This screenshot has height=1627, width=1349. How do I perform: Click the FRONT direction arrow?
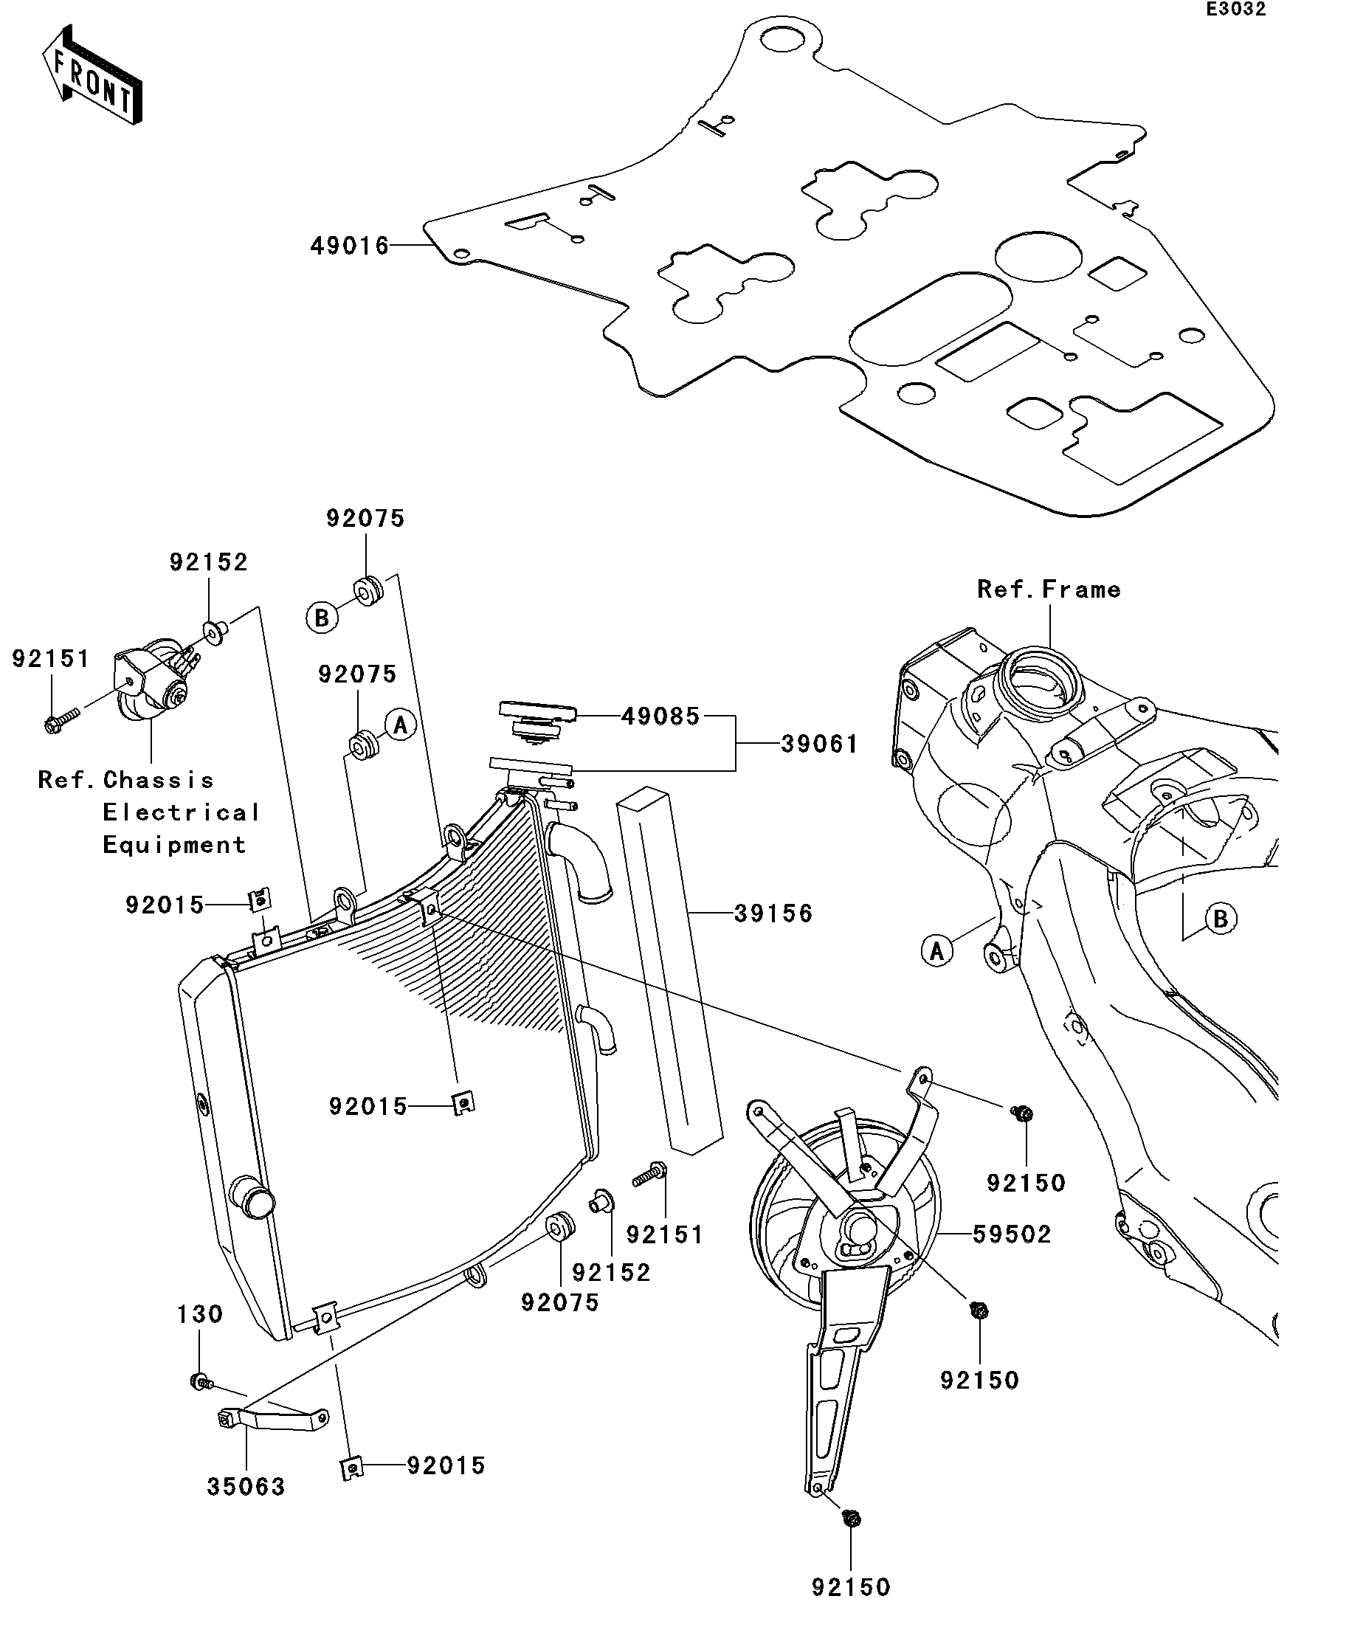click(92, 75)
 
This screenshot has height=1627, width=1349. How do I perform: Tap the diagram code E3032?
click(1235, 10)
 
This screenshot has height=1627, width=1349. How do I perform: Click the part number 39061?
click(819, 744)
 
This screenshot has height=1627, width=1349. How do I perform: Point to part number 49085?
click(660, 716)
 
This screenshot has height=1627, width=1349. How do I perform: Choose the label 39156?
click(773, 913)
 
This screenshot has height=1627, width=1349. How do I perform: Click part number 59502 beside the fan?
click(1012, 1234)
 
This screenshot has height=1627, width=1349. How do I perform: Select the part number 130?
click(200, 1314)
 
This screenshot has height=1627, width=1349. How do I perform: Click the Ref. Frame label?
click(1049, 590)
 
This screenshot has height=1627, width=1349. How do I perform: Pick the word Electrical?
click(182, 812)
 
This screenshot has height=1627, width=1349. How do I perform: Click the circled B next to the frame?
click(1221, 919)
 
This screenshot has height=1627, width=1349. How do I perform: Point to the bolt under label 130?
click(201, 1381)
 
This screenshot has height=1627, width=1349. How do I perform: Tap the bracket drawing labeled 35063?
click(270, 1420)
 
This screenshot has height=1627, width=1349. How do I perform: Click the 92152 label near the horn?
click(208, 562)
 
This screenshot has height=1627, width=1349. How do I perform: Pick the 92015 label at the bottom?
click(446, 1465)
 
